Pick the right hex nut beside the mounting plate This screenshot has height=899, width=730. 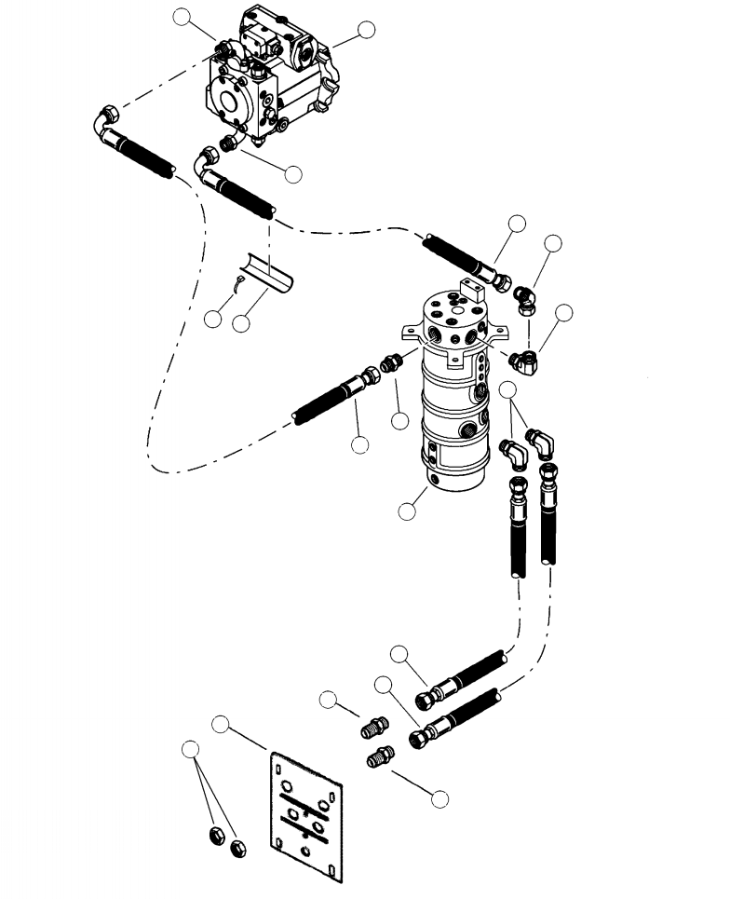point(237,846)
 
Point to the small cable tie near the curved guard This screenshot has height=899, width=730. point(239,283)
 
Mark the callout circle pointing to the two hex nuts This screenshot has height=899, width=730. point(190,748)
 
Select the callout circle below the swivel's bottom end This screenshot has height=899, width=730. point(407,511)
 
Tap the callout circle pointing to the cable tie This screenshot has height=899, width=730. point(212,319)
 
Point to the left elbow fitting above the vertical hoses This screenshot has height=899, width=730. point(515,453)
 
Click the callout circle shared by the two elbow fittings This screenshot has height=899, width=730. point(508,388)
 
